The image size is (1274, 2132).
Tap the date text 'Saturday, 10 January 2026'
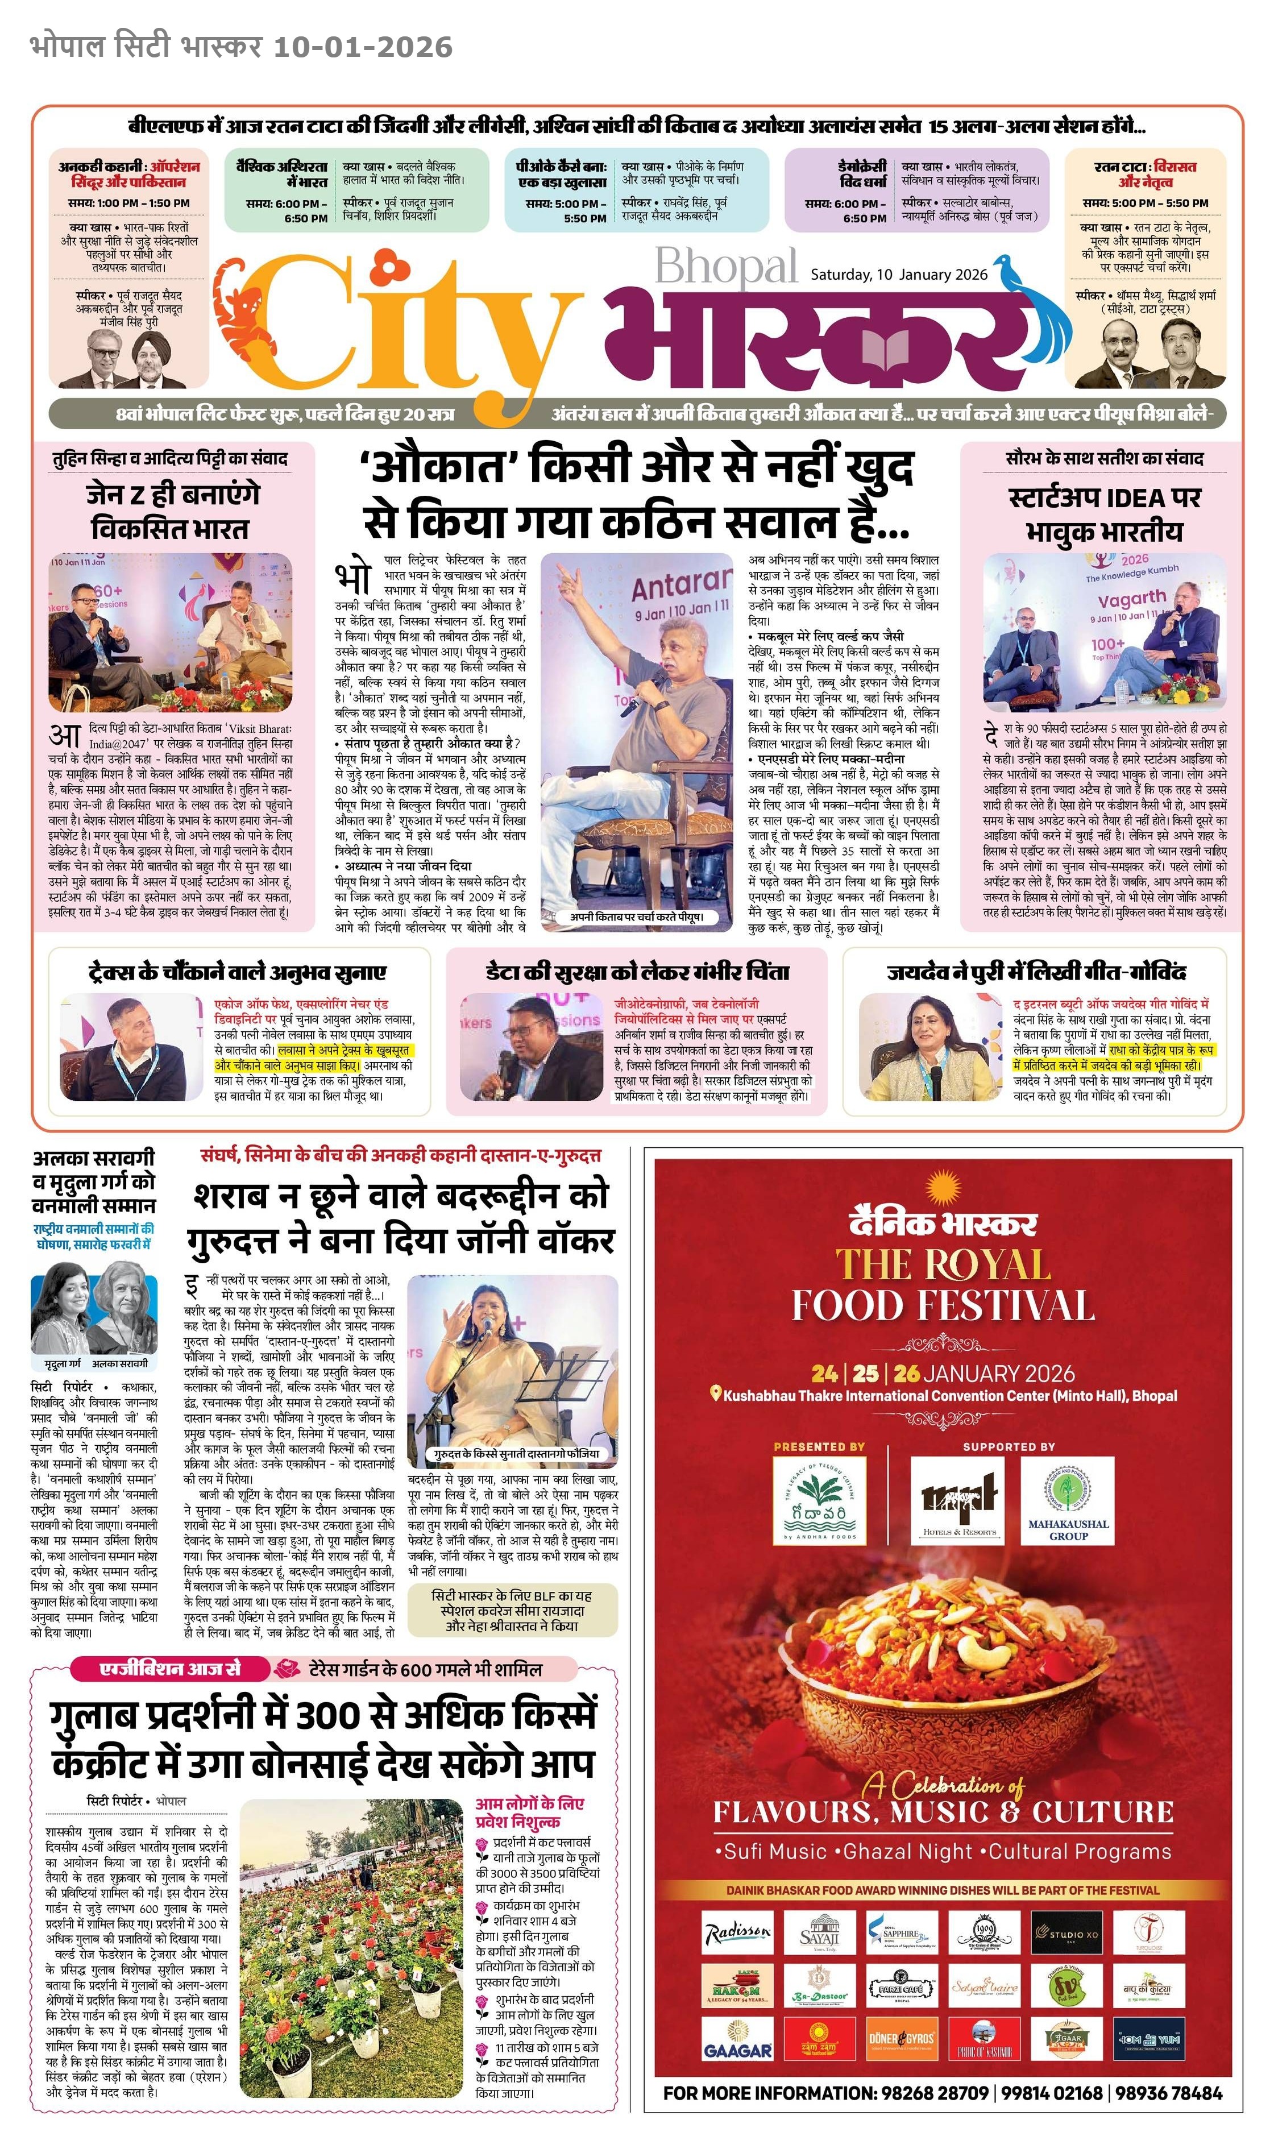(899, 275)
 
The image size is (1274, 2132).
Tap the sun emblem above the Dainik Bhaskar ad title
(942, 1189)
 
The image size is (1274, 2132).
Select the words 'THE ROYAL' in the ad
(943, 1264)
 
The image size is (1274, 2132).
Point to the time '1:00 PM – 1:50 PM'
(129, 204)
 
